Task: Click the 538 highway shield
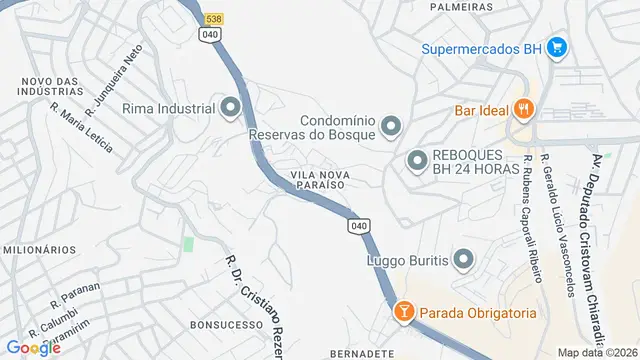point(213,19)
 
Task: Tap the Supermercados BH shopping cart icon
point(557,47)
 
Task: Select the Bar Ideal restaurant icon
point(521,110)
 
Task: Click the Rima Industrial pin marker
point(231,107)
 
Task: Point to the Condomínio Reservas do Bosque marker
point(391,125)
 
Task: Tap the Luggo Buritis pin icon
point(462,260)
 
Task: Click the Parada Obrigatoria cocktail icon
point(403,312)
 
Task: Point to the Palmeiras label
point(462,6)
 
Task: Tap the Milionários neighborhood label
point(39,249)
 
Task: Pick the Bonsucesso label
point(217,325)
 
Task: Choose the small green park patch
point(188,244)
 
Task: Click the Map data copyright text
point(596,353)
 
